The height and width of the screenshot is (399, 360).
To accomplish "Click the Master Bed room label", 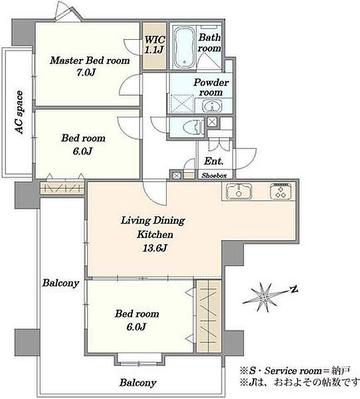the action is pyautogui.click(x=90, y=61).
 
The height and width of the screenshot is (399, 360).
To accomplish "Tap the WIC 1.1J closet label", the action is pyautogui.click(x=155, y=45).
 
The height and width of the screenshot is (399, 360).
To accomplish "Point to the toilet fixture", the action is pyautogui.click(x=194, y=126).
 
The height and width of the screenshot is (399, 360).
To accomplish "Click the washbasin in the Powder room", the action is pyautogui.click(x=212, y=106).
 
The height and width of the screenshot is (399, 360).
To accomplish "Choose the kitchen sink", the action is pyautogui.click(x=239, y=192).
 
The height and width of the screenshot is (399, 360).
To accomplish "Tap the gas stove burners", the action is pyautogui.click(x=281, y=192).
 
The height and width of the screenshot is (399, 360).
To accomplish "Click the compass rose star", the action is pyautogui.click(x=264, y=297).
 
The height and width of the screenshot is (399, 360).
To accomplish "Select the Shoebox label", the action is pyautogui.click(x=214, y=176).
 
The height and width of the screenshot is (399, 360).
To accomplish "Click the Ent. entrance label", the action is pyautogui.click(x=214, y=161).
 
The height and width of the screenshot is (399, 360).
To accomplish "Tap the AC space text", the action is pyautogui.click(x=19, y=112).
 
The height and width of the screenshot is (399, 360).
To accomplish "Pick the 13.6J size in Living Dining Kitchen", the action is pyautogui.click(x=155, y=248).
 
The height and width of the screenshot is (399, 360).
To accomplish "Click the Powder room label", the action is pyautogui.click(x=211, y=87).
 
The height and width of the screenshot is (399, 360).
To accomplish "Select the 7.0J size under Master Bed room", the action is pyautogui.click(x=86, y=72).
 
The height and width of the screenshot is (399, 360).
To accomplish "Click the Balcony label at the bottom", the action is pyautogui.click(x=137, y=382).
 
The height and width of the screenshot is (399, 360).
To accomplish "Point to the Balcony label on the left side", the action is pyautogui.click(x=60, y=283).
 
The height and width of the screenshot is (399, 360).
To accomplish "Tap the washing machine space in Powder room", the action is pyautogui.click(x=181, y=104).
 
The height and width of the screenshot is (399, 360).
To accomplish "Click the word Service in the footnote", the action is pyautogui.click(x=280, y=371).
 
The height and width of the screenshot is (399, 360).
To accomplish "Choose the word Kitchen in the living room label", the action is pyautogui.click(x=155, y=234).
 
